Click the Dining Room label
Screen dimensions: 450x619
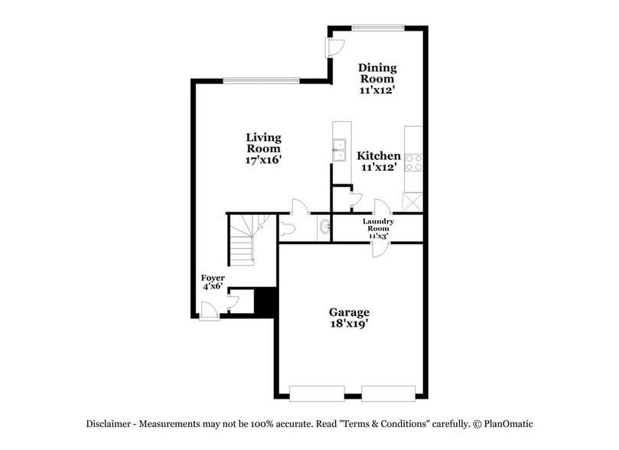(x=377, y=73)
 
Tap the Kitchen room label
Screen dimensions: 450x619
(x=379, y=155)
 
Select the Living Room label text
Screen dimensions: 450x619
(x=263, y=143)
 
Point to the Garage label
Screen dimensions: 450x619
(x=349, y=312)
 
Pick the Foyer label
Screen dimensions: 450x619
(x=213, y=277)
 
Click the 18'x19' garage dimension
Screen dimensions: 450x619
(x=349, y=324)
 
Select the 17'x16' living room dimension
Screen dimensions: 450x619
(x=263, y=161)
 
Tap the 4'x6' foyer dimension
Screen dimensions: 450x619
(x=212, y=286)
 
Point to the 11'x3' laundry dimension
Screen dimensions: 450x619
(x=378, y=236)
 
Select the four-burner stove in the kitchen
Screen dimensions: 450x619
(x=413, y=162)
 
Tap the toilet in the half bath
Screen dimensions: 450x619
(x=287, y=227)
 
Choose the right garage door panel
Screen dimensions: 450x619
(x=389, y=393)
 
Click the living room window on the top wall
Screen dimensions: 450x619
(x=260, y=80)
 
